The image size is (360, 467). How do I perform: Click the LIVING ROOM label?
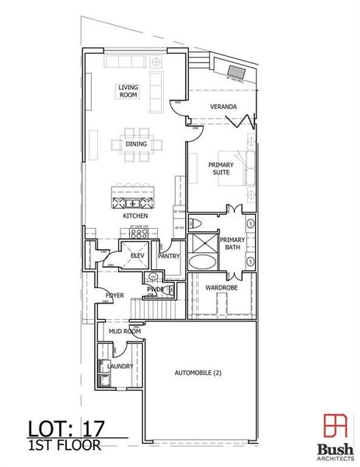tap(128, 90)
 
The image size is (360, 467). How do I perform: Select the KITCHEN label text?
tap(137, 215)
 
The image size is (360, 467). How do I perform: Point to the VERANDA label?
tap(224, 106)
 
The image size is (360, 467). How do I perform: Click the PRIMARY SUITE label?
tap(221, 169)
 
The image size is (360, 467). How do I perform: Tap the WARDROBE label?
tap(221, 287)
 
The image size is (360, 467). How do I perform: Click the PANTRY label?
tap(170, 255)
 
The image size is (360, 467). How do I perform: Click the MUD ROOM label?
tap(124, 332)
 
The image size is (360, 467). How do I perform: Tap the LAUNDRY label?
tap(121, 366)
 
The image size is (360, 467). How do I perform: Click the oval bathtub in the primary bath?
tap(203, 261)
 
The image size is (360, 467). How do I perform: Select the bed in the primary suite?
tap(246, 165)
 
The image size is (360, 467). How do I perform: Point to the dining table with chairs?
tap(138, 145)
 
